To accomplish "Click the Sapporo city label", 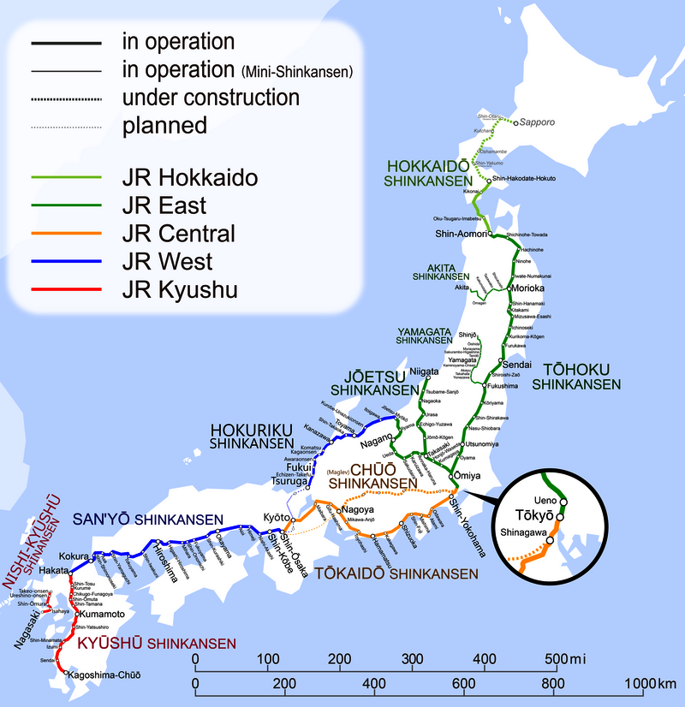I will pyautogui.click(x=538, y=122).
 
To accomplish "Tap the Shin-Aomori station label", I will pyautogui.click(x=461, y=235).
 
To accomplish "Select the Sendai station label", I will pyautogui.click(x=523, y=365).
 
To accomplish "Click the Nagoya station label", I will pyautogui.click(x=360, y=511).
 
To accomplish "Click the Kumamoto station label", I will pyautogui.click(x=103, y=615).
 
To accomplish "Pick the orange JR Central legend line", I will pyautogui.click(x=63, y=234).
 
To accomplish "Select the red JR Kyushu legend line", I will pyautogui.click(x=63, y=290).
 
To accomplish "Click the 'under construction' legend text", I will pyautogui.click(x=211, y=97).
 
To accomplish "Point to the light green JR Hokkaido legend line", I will pyautogui.click(x=63, y=178).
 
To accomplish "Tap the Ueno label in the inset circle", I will pyautogui.click(x=545, y=500).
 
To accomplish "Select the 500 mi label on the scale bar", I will pyautogui.click(x=563, y=659).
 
